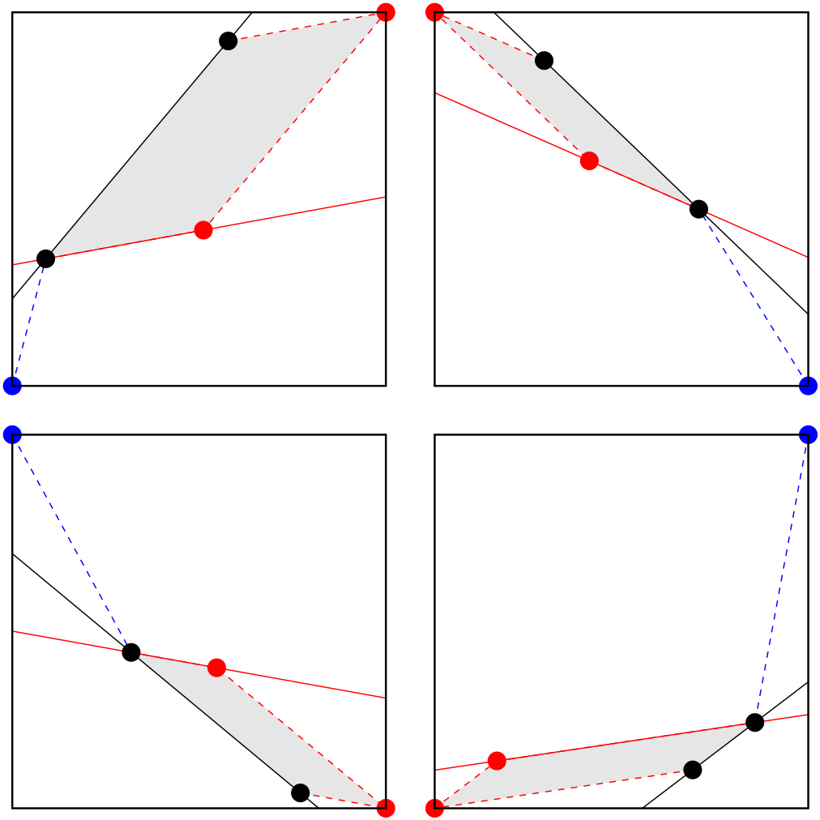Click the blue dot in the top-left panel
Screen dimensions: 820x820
coord(12,386)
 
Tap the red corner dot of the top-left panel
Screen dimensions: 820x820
coord(386,12)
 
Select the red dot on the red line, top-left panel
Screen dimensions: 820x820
coord(203,230)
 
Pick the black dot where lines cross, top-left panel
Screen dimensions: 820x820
coord(45,258)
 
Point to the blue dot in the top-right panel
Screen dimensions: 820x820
coord(808,386)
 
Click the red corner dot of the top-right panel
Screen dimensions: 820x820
coord(435,12)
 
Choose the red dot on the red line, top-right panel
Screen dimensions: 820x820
coord(589,160)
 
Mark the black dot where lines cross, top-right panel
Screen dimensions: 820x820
coord(698,209)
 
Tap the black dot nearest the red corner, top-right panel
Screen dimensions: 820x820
coord(545,60)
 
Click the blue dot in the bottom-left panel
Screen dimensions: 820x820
coord(12,435)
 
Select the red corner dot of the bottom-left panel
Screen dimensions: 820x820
coord(386,808)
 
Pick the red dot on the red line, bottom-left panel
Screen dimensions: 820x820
coord(216,668)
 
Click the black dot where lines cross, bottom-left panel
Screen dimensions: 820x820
coord(131,652)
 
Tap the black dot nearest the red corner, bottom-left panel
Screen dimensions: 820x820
coord(301,792)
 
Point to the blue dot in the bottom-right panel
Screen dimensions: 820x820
coord(808,435)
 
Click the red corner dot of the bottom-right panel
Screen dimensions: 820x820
coord(435,808)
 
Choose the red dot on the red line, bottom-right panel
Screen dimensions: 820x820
coord(497,761)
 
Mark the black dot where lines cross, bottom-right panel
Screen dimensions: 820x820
coord(754,722)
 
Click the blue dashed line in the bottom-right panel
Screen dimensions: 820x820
coord(782,575)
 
